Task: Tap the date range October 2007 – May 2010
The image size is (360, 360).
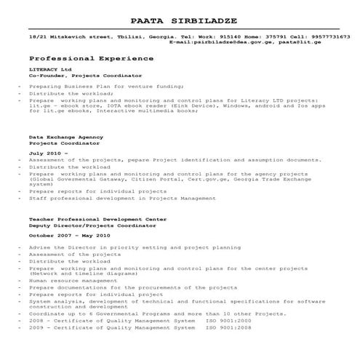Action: point(70,236)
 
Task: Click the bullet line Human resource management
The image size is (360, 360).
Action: point(73,280)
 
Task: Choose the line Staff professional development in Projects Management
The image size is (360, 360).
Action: point(113,197)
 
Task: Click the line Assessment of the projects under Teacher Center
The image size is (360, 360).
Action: point(65,255)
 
